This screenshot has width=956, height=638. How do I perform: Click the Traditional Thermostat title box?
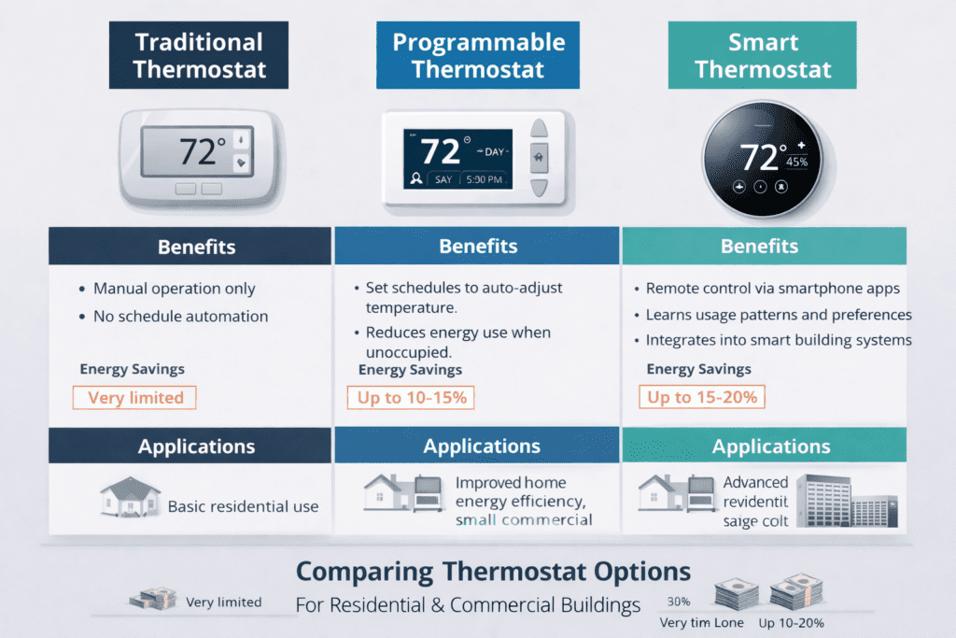199,55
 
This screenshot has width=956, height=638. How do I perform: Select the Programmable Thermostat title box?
478,55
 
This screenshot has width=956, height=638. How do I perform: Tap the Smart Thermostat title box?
762,55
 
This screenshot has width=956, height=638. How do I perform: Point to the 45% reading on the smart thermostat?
796,162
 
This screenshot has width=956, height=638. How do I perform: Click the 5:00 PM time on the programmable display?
482,178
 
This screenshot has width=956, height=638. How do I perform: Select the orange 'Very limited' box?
135,398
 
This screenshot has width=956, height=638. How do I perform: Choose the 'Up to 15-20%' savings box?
703,398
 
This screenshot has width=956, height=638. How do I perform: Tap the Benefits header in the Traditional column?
196,248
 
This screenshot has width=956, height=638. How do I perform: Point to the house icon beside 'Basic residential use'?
130,497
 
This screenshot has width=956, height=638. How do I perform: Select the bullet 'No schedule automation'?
180,317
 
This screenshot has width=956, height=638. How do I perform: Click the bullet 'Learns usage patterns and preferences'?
779,315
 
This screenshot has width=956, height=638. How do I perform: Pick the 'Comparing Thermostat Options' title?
493,572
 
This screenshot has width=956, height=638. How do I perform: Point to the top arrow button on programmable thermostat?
540,128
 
